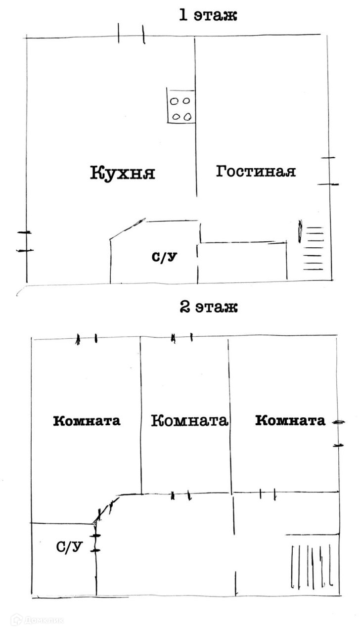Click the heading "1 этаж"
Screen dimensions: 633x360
pos(209,15)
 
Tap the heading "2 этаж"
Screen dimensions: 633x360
pos(209,308)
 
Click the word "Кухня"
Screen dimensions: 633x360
pos(123,173)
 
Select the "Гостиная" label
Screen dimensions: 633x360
pos(256,172)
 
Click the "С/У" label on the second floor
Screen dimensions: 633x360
pos(69,547)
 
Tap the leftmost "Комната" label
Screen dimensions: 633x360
pos(87,421)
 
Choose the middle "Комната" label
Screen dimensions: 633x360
pos(189,421)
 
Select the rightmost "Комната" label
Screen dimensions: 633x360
pos(290,421)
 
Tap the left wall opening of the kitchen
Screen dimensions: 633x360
pos(24,241)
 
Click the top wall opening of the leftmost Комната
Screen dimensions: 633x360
pos(87,339)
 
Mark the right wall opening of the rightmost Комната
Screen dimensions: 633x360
pos(338,434)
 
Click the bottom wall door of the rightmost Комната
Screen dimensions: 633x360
pos(268,493)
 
